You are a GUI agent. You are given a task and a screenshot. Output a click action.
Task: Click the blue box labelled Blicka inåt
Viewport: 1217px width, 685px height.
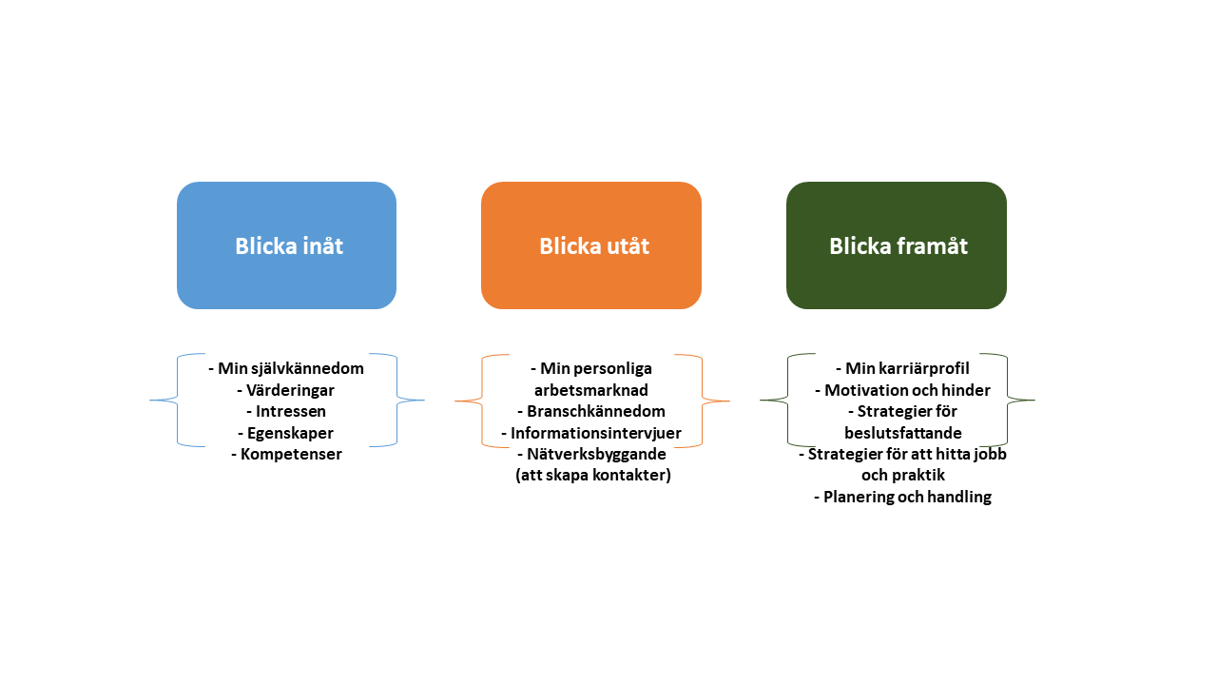[x=286, y=245]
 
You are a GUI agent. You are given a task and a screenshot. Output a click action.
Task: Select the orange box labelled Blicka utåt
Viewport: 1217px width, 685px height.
[x=591, y=245]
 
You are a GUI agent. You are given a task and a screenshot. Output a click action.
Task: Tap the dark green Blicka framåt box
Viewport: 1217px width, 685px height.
[x=897, y=245]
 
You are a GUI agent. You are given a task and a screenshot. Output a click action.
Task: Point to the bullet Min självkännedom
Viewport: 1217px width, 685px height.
[x=286, y=368]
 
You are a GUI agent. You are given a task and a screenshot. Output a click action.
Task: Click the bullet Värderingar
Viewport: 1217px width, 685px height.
[x=286, y=390]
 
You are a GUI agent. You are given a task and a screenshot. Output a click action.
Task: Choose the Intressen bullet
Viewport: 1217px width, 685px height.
[x=286, y=412]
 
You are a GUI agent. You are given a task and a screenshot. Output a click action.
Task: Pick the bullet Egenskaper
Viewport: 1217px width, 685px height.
[x=286, y=433]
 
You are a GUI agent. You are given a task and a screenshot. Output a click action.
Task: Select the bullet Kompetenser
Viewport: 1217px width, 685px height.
[x=286, y=455]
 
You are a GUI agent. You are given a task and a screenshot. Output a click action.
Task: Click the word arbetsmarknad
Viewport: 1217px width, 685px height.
[x=591, y=390]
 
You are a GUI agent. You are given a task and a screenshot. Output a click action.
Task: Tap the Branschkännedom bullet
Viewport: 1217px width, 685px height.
[x=591, y=412]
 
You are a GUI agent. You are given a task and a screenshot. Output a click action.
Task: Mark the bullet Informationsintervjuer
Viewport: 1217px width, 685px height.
[x=591, y=434]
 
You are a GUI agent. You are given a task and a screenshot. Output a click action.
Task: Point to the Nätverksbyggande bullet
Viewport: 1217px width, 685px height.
[x=591, y=455]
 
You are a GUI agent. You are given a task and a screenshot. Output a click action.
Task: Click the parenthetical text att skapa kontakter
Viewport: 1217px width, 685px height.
[x=593, y=476]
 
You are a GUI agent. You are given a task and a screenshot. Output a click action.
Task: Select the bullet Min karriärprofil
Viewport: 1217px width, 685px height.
[x=902, y=368]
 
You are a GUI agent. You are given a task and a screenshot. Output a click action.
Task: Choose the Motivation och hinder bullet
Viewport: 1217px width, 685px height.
[x=902, y=390]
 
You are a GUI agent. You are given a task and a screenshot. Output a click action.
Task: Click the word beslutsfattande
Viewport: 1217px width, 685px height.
[x=903, y=433]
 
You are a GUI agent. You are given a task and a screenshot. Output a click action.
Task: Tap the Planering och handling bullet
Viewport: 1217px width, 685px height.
[x=902, y=497]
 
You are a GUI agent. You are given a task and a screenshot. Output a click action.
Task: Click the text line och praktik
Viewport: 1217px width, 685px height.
[x=903, y=475]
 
